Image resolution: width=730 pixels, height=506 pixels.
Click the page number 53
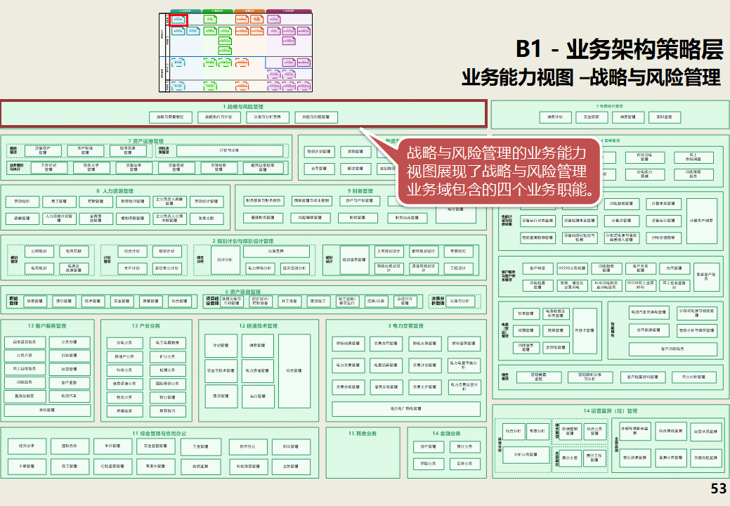(718, 489)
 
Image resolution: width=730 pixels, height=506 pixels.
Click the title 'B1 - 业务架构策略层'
(619, 49)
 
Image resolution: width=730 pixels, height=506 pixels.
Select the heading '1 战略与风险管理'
(243, 106)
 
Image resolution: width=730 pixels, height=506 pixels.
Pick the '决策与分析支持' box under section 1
(267, 117)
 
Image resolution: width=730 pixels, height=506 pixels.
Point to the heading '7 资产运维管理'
(146, 141)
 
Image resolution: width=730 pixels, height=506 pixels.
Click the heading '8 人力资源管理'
(116, 190)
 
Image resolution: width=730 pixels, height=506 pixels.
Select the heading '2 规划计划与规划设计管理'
(243, 240)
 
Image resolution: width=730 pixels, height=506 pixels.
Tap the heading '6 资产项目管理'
(243, 291)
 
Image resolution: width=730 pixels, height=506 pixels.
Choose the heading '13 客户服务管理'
(47, 325)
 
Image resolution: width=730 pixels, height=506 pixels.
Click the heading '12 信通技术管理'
(258, 325)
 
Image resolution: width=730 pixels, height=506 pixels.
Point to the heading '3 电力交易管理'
(405, 325)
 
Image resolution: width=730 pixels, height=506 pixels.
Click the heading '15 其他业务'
(363, 433)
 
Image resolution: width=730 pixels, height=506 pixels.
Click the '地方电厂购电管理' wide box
(405, 408)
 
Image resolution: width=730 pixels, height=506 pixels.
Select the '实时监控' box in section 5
(665, 117)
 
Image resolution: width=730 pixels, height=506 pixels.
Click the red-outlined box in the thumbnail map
(178, 20)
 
